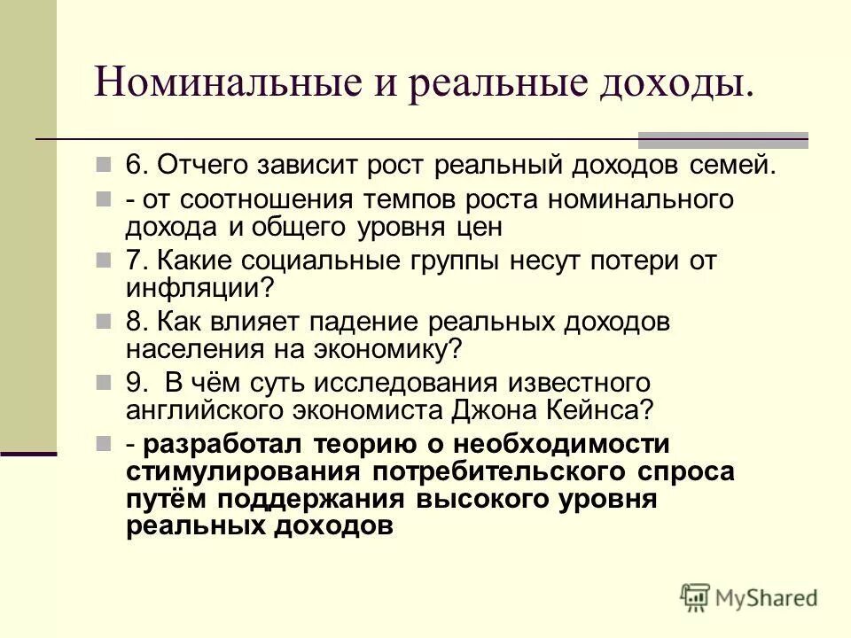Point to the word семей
(x=733, y=166)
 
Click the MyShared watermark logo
(x=749, y=597)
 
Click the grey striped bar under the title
(x=723, y=139)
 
